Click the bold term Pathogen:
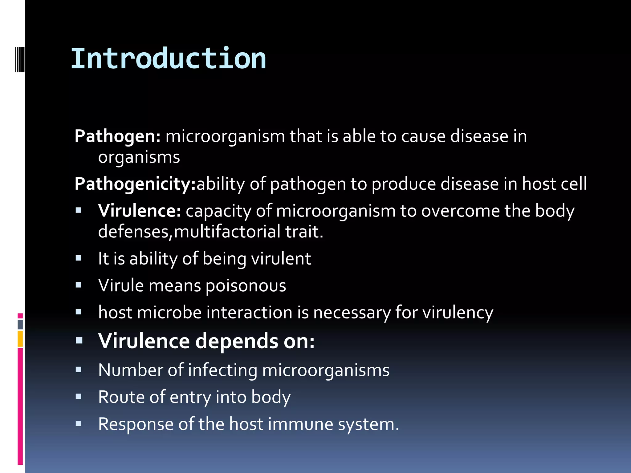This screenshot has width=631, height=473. coord(117,136)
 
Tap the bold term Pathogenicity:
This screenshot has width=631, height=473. coord(135,184)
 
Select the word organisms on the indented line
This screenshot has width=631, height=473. coord(139,158)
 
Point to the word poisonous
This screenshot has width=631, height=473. coord(246,286)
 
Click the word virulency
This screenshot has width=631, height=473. coord(458,313)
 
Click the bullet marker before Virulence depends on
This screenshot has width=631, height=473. coord(79,341)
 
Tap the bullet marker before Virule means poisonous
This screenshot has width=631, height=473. coord(79,285)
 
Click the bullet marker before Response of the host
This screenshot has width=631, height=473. coord(79,424)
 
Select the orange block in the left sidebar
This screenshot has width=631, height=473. coord(20,339)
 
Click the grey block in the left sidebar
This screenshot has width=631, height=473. coord(20,325)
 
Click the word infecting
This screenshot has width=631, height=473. coord(222,370)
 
